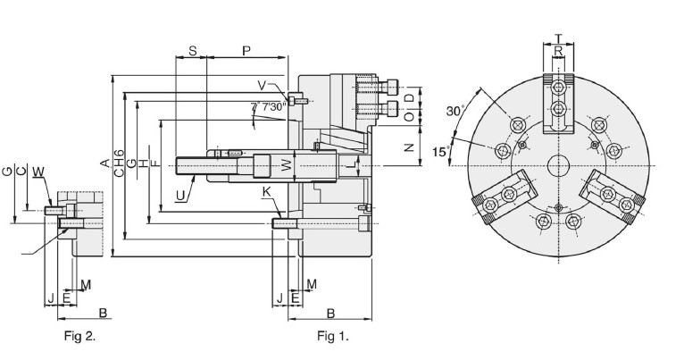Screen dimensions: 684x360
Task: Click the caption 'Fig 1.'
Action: [x=333, y=337]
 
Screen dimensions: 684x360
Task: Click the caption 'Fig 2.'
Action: [x=79, y=336]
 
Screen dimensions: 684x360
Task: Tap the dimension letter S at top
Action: [x=192, y=51]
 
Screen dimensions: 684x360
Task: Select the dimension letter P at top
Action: [x=246, y=51]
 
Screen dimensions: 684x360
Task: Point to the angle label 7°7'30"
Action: [x=268, y=106]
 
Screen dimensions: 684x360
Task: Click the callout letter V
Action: [x=262, y=85]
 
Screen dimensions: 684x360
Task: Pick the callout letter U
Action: [x=180, y=197]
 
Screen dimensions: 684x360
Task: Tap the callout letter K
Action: [x=266, y=192]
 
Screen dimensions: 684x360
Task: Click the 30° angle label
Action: [x=455, y=112]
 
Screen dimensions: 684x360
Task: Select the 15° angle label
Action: [x=441, y=152]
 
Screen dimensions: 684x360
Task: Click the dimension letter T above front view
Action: [x=558, y=38]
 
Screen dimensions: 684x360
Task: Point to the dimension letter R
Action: [x=558, y=52]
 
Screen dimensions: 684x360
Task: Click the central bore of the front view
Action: [x=558, y=165]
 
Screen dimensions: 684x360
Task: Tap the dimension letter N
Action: [x=408, y=147]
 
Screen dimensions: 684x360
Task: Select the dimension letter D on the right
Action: [x=408, y=97]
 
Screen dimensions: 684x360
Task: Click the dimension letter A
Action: [x=104, y=163]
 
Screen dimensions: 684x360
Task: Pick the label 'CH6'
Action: [x=119, y=163]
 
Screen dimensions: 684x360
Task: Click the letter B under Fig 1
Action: [x=330, y=314]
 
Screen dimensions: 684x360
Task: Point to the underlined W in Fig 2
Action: [x=38, y=172]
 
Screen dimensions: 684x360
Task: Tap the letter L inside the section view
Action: [x=353, y=165]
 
